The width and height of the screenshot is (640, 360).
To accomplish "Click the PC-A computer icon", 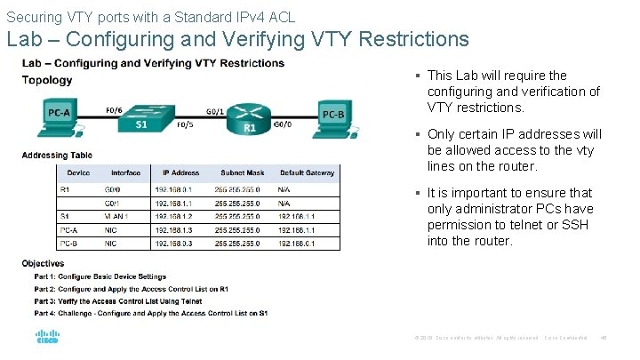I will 59,116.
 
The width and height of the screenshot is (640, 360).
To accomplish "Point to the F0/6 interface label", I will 115,109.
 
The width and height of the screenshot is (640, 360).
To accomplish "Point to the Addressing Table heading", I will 57,156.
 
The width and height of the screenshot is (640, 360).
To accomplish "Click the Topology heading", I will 47,80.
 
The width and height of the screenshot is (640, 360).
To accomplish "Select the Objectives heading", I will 43,264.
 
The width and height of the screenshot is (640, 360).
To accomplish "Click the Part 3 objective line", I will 130,301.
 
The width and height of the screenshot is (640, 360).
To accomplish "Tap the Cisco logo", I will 47,337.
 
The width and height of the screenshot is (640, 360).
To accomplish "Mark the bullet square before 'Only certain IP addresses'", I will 416,134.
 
